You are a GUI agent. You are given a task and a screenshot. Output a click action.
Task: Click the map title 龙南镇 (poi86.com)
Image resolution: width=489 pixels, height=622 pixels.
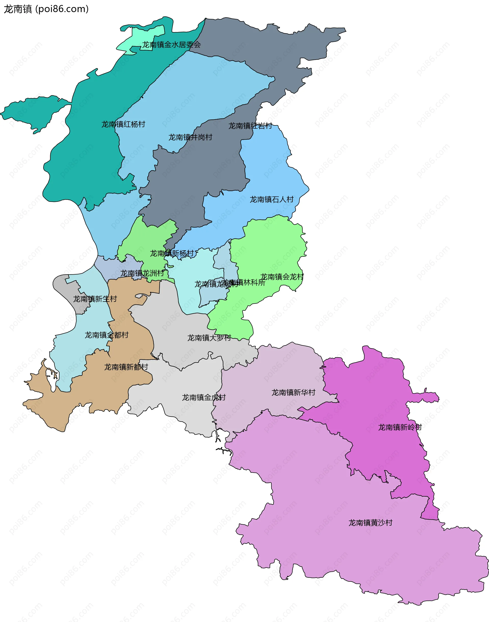(46, 9)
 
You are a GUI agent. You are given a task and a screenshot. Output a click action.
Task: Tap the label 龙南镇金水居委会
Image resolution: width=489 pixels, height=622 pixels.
(171, 45)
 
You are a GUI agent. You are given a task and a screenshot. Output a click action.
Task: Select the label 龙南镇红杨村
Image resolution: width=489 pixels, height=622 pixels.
(123, 124)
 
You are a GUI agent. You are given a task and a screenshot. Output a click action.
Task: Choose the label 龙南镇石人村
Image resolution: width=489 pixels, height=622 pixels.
(271, 199)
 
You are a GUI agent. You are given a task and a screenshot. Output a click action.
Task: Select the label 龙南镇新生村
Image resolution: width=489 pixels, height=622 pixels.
(95, 299)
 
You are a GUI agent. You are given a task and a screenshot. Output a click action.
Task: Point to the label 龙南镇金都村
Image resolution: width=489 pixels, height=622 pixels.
(106, 335)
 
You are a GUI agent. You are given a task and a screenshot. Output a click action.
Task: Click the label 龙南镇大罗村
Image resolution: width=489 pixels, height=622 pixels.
(209, 338)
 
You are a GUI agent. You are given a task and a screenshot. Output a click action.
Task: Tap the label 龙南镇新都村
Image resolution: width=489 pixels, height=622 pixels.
(126, 367)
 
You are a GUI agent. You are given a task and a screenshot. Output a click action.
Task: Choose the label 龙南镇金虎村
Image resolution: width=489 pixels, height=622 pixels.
(203, 397)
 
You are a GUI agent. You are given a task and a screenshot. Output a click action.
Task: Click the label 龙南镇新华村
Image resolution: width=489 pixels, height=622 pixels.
(293, 393)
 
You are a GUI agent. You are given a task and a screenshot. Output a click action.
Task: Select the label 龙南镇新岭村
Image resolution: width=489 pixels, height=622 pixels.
(400, 427)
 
